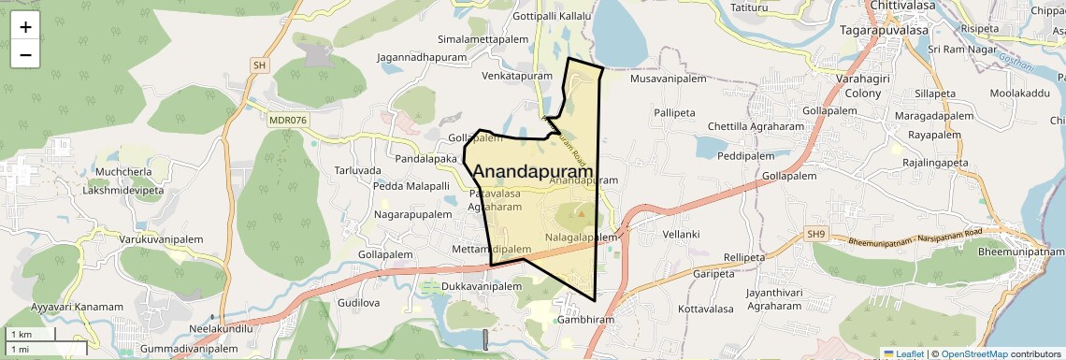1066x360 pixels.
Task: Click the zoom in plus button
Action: tap(25, 27)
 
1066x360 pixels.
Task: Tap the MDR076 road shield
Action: tap(287, 120)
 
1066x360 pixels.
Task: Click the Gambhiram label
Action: tap(584, 319)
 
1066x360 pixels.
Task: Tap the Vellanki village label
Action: tap(681, 234)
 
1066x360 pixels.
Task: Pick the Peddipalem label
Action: tap(747, 156)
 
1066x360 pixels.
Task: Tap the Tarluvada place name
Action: tap(358, 171)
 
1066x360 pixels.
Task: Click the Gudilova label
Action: tap(360, 304)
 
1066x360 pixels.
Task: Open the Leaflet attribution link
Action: tap(904, 353)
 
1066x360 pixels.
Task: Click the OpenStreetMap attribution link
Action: tap(974, 353)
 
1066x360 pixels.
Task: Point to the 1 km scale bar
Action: tap(32, 334)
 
